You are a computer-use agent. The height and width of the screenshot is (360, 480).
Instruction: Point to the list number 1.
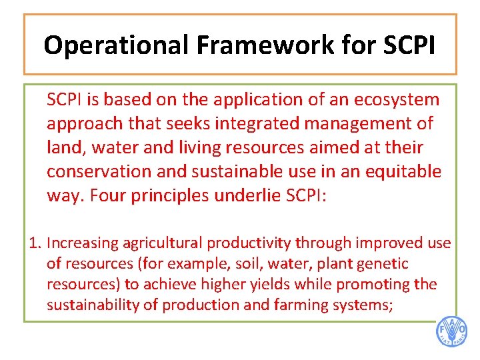pos(35,243)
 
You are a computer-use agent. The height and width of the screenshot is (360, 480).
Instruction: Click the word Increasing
pos(82,243)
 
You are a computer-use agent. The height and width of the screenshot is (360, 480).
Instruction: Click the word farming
pos(297,305)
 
